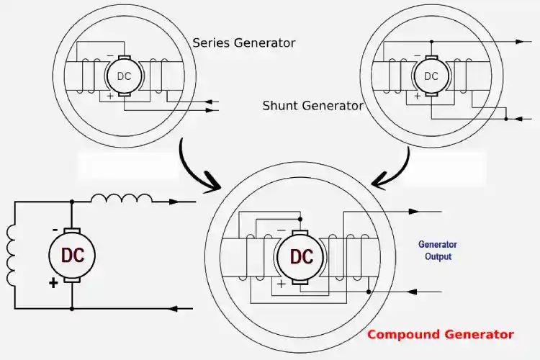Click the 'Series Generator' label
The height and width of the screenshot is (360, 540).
(243, 42)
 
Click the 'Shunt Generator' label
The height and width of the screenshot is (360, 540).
(312, 106)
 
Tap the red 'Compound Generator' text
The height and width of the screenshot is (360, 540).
(440, 334)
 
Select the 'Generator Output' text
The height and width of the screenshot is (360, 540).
(438, 251)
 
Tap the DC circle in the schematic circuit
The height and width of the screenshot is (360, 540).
(72, 255)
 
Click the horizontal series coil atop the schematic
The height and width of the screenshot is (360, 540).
(121, 199)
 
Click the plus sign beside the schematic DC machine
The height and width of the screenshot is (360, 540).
(53, 284)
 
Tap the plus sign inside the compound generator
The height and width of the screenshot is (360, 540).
(281, 284)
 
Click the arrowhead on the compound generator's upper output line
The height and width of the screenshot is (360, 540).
(413, 212)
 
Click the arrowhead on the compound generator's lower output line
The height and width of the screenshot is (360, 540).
(413, 292)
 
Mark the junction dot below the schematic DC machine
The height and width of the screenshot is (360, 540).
(72, 309)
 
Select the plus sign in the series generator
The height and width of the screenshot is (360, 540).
(109, 96)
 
